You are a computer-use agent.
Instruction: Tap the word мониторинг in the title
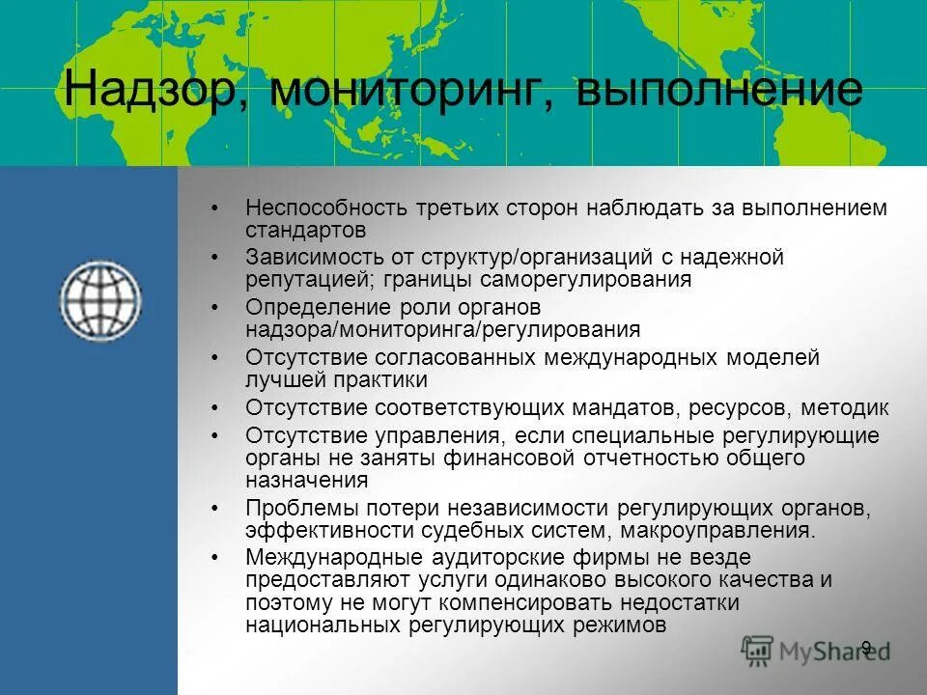tap(409, 90)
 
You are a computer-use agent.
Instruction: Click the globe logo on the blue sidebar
tap(100, 299)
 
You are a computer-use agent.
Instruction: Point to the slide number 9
tap(866, 648)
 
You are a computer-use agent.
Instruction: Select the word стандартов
tap(305, 231)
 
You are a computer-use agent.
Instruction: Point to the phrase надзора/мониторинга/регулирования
tap(442, 329)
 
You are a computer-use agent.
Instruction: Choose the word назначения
tap(306, 480)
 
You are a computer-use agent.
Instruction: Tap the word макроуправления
tap(716, 530)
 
